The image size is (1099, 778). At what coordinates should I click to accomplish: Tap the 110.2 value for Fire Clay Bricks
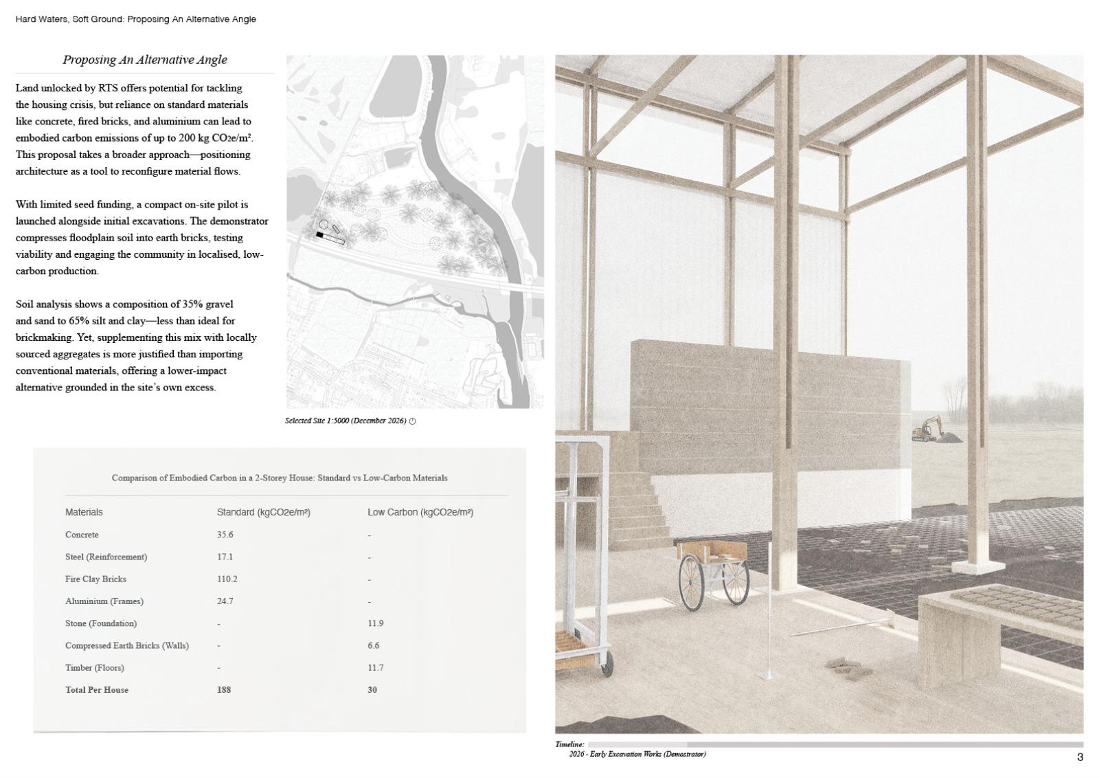tap(227, 579)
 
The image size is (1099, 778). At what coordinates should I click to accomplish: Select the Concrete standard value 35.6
tap(225, 535)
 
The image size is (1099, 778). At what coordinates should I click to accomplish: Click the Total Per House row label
tap(97, 689)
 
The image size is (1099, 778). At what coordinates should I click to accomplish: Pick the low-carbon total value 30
tap(372, 689)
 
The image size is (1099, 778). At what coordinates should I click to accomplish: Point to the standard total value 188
tap(224, 689)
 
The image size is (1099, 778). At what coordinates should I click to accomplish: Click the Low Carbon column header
tap(420, 512)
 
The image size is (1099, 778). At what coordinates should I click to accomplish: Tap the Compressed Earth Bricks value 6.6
tap(373, 645)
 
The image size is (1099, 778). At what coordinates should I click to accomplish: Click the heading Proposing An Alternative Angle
tap(145, 60)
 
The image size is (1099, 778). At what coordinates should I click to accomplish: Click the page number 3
tap(1080, 757)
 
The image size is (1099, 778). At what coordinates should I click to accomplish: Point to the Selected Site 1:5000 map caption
tap(346, 421)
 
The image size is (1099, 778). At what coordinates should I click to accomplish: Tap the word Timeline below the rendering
tap(569, 744)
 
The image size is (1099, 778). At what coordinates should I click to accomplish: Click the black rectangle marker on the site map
tap(319, 235)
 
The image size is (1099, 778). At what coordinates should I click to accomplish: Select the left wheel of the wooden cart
tap(692, 580)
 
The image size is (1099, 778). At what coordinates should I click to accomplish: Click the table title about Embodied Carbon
tap(280, 478)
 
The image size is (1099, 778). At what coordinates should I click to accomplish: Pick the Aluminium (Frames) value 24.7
tap(225, 601)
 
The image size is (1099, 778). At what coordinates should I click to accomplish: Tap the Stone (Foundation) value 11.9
tap(375, 623)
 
